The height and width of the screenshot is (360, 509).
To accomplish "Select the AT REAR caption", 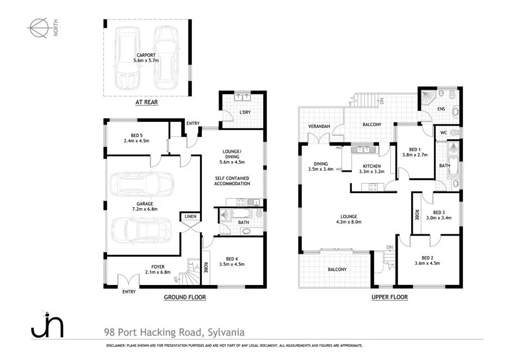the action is pyautogui.click(x=146, y=102).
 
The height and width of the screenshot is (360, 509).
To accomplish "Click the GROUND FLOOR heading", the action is pyautogui.click(x=185, y=297).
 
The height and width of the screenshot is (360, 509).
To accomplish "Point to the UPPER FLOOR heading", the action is pyautogui.click(x=389, y=297).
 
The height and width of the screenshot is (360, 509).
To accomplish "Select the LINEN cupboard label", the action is pyautogui.click(x=190, y=217).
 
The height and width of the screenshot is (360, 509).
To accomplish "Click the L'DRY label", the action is pyautogui.click(x=244, y=113).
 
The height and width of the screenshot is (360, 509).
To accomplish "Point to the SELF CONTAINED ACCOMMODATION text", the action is pyautogui.click(x=232, y=181).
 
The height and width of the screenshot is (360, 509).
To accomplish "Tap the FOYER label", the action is pyautogui.click(x=158, y=266).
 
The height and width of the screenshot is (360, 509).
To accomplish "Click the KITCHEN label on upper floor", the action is pyautogui.click(x=371, y=166).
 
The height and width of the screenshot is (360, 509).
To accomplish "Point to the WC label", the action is pyautogui.click(x=443, y=132).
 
